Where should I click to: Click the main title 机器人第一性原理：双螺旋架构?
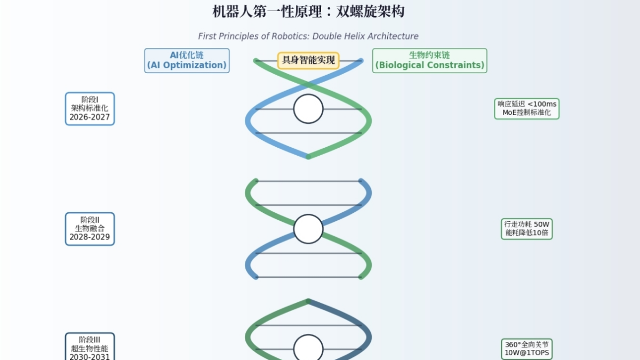[308, 11]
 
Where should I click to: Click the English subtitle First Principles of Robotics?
[308, 36]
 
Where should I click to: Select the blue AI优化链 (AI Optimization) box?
[187, 60]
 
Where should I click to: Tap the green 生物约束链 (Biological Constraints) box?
[429, 60]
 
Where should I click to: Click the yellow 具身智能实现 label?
[308, 60]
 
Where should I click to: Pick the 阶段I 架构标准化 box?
[90, 109]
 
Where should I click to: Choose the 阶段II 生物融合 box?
[90, 229]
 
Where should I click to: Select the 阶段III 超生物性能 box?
[90, 347]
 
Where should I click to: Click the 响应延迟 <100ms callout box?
[526, 108]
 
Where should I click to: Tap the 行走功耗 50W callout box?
[526, 228]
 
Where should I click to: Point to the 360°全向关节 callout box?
[526, 348]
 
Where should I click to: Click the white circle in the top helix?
[308, 109]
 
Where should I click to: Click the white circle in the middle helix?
[308, 229]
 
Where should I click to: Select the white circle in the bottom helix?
[308, 348]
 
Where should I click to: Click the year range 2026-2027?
[90, 117]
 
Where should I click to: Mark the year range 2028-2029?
[90, 237]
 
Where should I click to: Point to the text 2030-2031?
[90, 356]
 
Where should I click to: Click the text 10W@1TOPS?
[526, 353]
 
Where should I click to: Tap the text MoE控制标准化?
[526, 113]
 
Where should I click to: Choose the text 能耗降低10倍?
[526, 233]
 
